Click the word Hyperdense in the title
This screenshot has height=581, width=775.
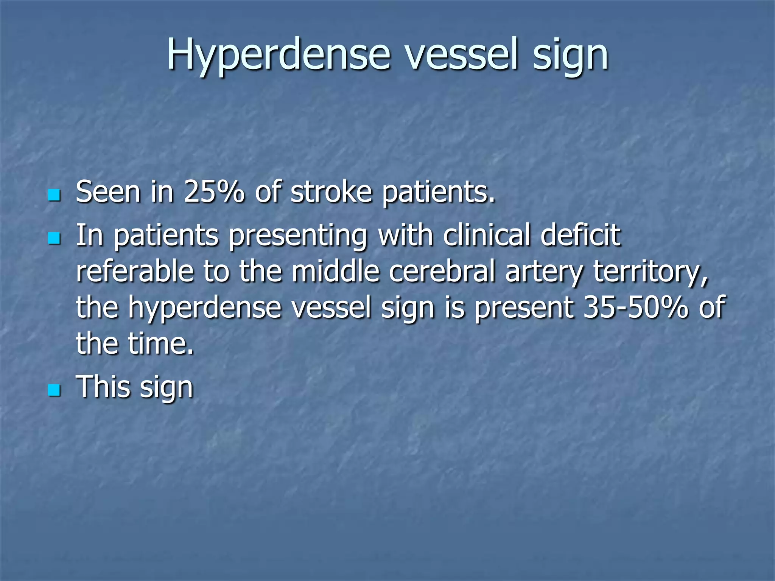(279, 55)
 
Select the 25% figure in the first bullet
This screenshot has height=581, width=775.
(214, 192)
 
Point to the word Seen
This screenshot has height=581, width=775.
(108, 192)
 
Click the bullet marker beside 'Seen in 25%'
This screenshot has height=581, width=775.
(54, 195)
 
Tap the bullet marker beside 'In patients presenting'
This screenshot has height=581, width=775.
(54, 238)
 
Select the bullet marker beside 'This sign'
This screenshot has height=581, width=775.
(54, 390)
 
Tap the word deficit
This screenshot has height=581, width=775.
(580, 235)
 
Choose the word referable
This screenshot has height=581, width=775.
(135, 272)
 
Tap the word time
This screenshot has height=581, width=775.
(160, 343)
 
